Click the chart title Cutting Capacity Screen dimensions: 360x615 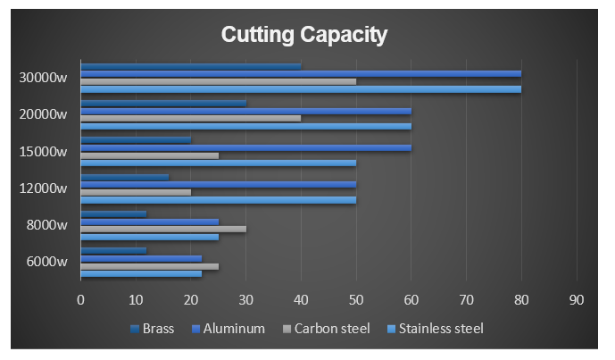(303, 36)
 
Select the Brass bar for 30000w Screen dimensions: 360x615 (191, 65)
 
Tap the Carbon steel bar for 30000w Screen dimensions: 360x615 (219, 81)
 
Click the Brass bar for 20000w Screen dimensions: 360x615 (163, 103)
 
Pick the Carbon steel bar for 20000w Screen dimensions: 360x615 (191, 118)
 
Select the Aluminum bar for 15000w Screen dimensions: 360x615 (246, 147)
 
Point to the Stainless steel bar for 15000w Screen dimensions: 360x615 (219, 163)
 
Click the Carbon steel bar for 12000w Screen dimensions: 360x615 (136, 192)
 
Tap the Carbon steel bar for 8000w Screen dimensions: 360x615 (163, 229)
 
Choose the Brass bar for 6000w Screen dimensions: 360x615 (113, 250)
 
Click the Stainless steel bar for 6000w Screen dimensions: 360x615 (141, 273)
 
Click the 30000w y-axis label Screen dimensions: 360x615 (43, 77)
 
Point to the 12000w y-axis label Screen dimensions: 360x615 (43, 188)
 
